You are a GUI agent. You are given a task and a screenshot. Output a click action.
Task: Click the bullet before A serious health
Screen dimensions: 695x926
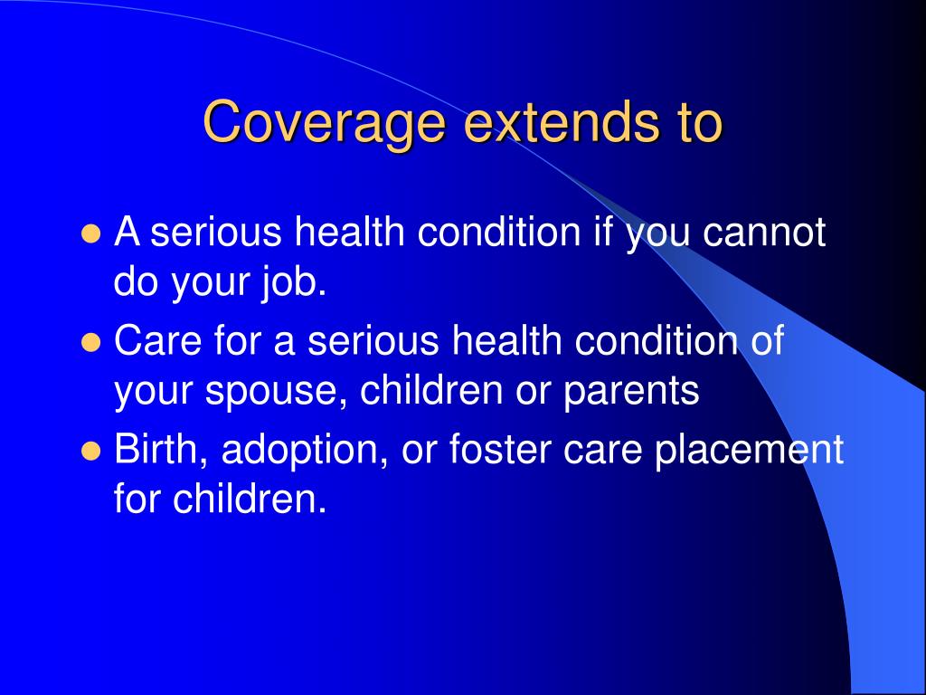pos(90,234)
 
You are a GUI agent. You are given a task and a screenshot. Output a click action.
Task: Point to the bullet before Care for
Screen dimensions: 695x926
pos(90,343)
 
